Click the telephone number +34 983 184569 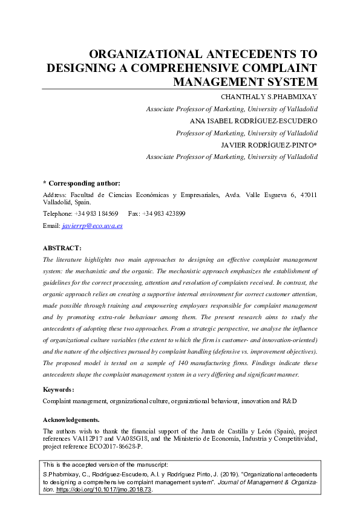[96, 214]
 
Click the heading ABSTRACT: [62, 248]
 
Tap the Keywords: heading [59, 390]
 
